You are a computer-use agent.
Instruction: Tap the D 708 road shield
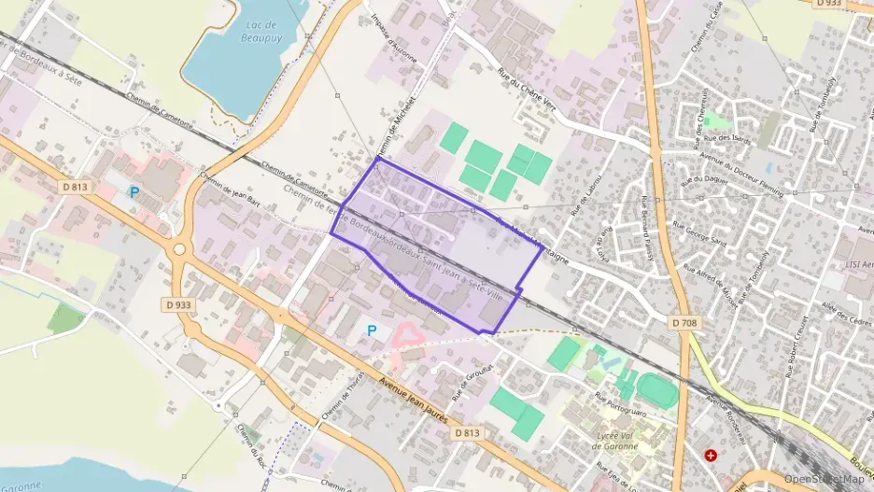pyautogui.click(x=684, y=322)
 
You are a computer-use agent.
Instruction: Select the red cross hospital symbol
pyautogui.click(x=712, y=455)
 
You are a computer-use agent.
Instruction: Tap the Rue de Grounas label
pyautogui.click(x=472, y=382)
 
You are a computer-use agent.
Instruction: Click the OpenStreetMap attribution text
pyautogui.click(x=824, y=478)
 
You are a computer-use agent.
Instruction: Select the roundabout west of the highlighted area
pyautogui.click(x=178, y=249)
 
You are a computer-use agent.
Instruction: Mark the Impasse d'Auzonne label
pyautogui.click(x=392, y=37)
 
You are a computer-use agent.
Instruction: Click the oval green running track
pyautogui.click(x=658, y=389)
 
